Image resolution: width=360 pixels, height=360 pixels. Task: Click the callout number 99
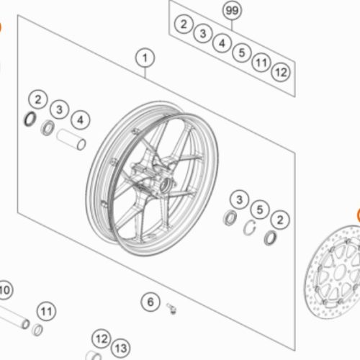[x=232, y=10]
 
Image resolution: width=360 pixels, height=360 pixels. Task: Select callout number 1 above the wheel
[x=145, y=58]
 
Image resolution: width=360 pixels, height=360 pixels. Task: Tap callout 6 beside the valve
[x=150, y=302]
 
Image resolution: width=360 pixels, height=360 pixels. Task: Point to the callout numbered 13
[x=121, y=348]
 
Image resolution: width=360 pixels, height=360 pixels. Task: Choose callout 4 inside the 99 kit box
[x=222, y=43]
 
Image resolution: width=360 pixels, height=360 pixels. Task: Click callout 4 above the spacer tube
[x=81, y=120]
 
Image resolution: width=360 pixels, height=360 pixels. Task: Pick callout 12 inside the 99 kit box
[x=281, y=72]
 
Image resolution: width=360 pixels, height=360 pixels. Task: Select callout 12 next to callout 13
[x=102, y=338]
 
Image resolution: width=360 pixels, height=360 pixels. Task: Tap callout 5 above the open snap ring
[x=260, y=210]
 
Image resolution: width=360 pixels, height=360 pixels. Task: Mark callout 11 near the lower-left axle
[x=46, y=312]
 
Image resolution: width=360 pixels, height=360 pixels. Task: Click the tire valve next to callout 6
[x=171, y=308]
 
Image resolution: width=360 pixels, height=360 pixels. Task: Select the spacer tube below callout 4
[x=71, y=140]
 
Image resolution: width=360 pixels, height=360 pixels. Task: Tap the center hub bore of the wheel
[x=165, y=184]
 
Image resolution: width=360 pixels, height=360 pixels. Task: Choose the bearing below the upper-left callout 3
[x=48, y=128]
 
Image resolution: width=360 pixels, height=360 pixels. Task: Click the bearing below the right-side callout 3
[x=230, y=217]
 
